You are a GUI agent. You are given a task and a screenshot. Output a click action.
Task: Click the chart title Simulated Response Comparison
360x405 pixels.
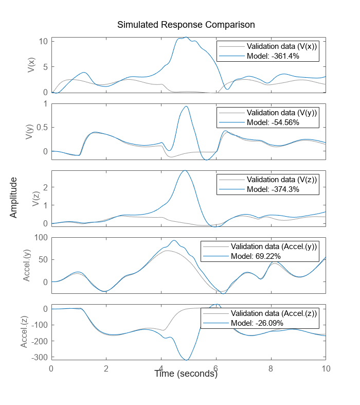pos(186,25)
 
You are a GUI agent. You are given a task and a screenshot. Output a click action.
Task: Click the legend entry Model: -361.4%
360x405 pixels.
pos(272,56)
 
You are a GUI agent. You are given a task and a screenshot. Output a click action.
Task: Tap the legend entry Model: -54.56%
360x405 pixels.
pos(272,122)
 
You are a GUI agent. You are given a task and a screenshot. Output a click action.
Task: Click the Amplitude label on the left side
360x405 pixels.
pos(14,197)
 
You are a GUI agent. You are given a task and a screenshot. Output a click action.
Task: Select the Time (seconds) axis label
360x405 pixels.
pos(186,374)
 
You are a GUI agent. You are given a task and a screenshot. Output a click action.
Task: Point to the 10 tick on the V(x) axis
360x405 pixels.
pos(43,41)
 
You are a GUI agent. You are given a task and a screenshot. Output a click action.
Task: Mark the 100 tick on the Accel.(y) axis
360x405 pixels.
pos(41,238)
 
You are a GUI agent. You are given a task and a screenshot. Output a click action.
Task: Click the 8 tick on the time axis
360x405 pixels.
pos(271,368)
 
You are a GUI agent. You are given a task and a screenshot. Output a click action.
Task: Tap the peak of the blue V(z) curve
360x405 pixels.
pos(184,170)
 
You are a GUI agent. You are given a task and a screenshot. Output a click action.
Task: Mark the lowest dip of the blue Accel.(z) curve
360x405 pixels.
pos(187,360)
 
